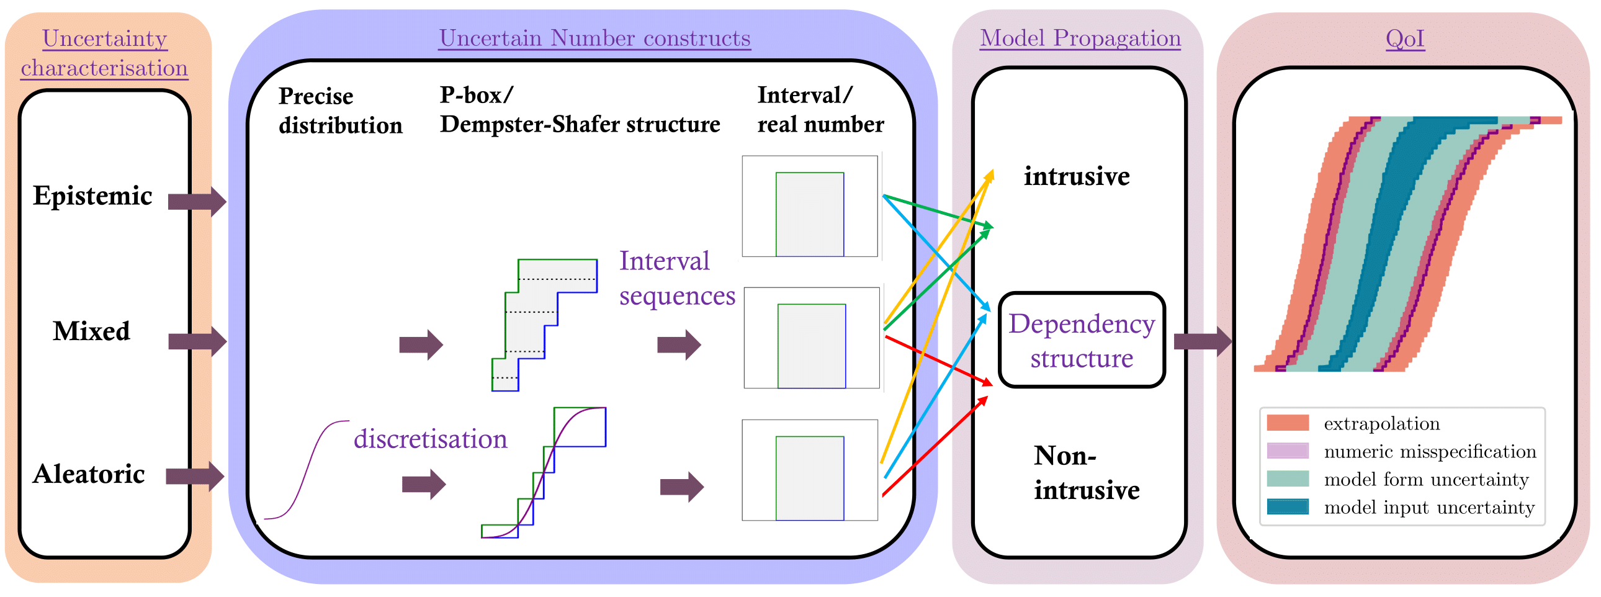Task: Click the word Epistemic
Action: tap(92, 195)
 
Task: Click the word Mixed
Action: tap(91, 331)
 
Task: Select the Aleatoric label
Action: tap(89, 474)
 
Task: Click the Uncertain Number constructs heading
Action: tap(594, 38)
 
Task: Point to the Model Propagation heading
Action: tap(1080, 38)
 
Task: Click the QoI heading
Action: tap(1405, 38)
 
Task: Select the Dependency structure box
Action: tap(1082, 341)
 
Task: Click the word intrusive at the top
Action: tap(1077, 176)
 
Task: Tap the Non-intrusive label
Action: tap(1086, 473)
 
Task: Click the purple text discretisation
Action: tap(430, 439)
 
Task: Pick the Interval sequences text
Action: tap(676, 278)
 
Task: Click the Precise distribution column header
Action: tap(340, 110)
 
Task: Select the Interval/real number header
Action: tap(820, 110)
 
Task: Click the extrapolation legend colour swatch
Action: tap(1287, 423)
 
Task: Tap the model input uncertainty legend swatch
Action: tap(1287, 507)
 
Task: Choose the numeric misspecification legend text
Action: tap(1430, 452)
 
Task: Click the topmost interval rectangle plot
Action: tap(810, 207)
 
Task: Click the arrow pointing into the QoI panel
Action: tap(1202, 341)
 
